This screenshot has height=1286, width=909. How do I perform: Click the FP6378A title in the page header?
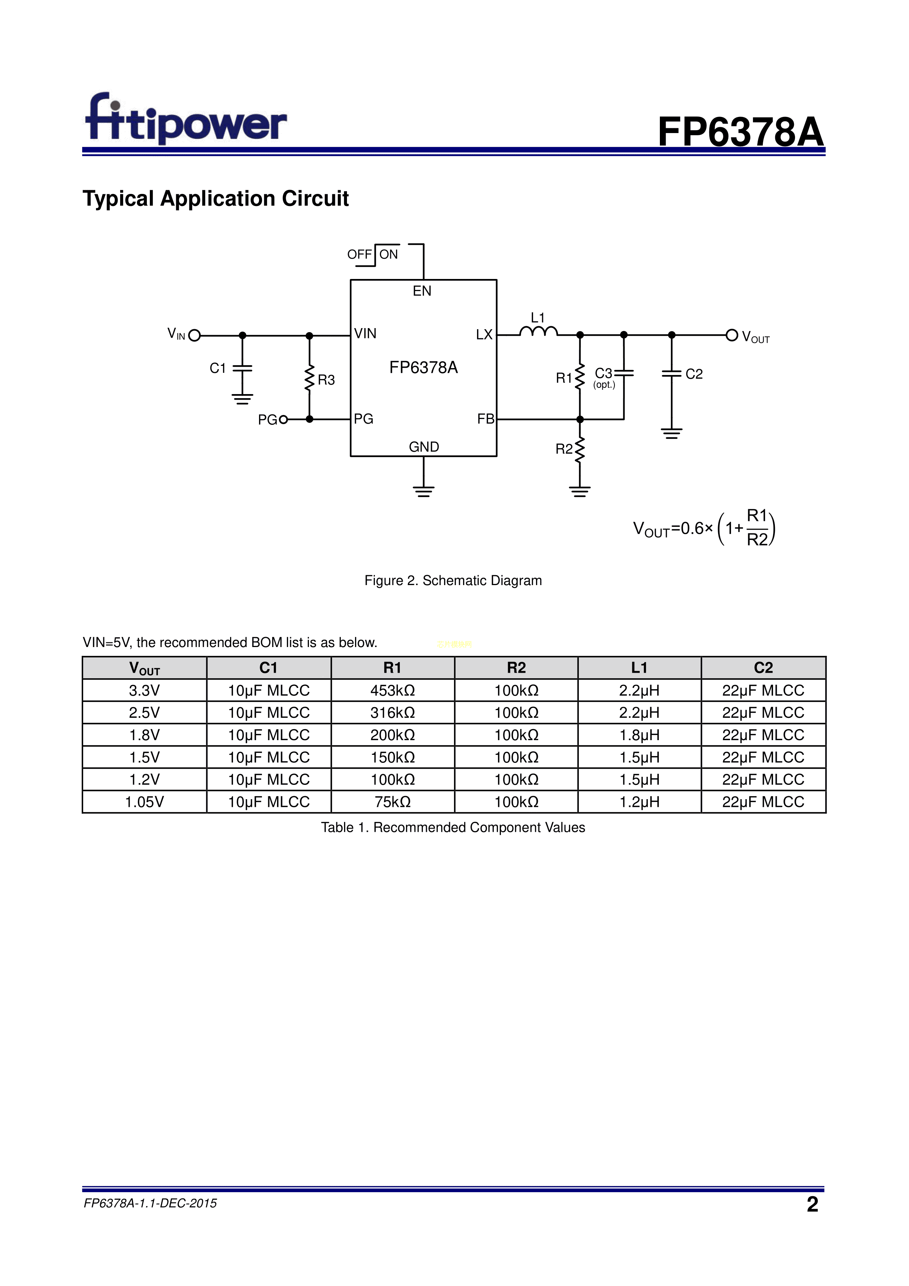click(740, 133)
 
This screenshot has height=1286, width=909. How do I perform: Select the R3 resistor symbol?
click(310, 379)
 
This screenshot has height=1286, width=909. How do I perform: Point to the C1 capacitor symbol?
click(242, 368)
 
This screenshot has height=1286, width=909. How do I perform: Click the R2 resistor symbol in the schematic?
click(580, 449)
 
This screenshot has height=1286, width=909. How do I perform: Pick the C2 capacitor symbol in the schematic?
click(672, 374)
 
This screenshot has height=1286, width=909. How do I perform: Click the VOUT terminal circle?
click(732, 335)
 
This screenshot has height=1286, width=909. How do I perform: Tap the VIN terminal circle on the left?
click(194, 335)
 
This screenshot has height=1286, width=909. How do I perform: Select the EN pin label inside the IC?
click(422, 291)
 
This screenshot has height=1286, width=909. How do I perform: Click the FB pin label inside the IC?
click(485, 419)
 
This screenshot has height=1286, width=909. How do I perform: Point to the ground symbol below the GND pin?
click(424, 491)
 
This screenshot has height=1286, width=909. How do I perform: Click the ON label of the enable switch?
click(388, 254)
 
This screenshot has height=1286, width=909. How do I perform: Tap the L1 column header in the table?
click(639, 668)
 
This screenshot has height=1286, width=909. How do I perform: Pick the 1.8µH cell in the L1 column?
click(639, 735)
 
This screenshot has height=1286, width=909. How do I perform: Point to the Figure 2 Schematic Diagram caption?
click(453, 580)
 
